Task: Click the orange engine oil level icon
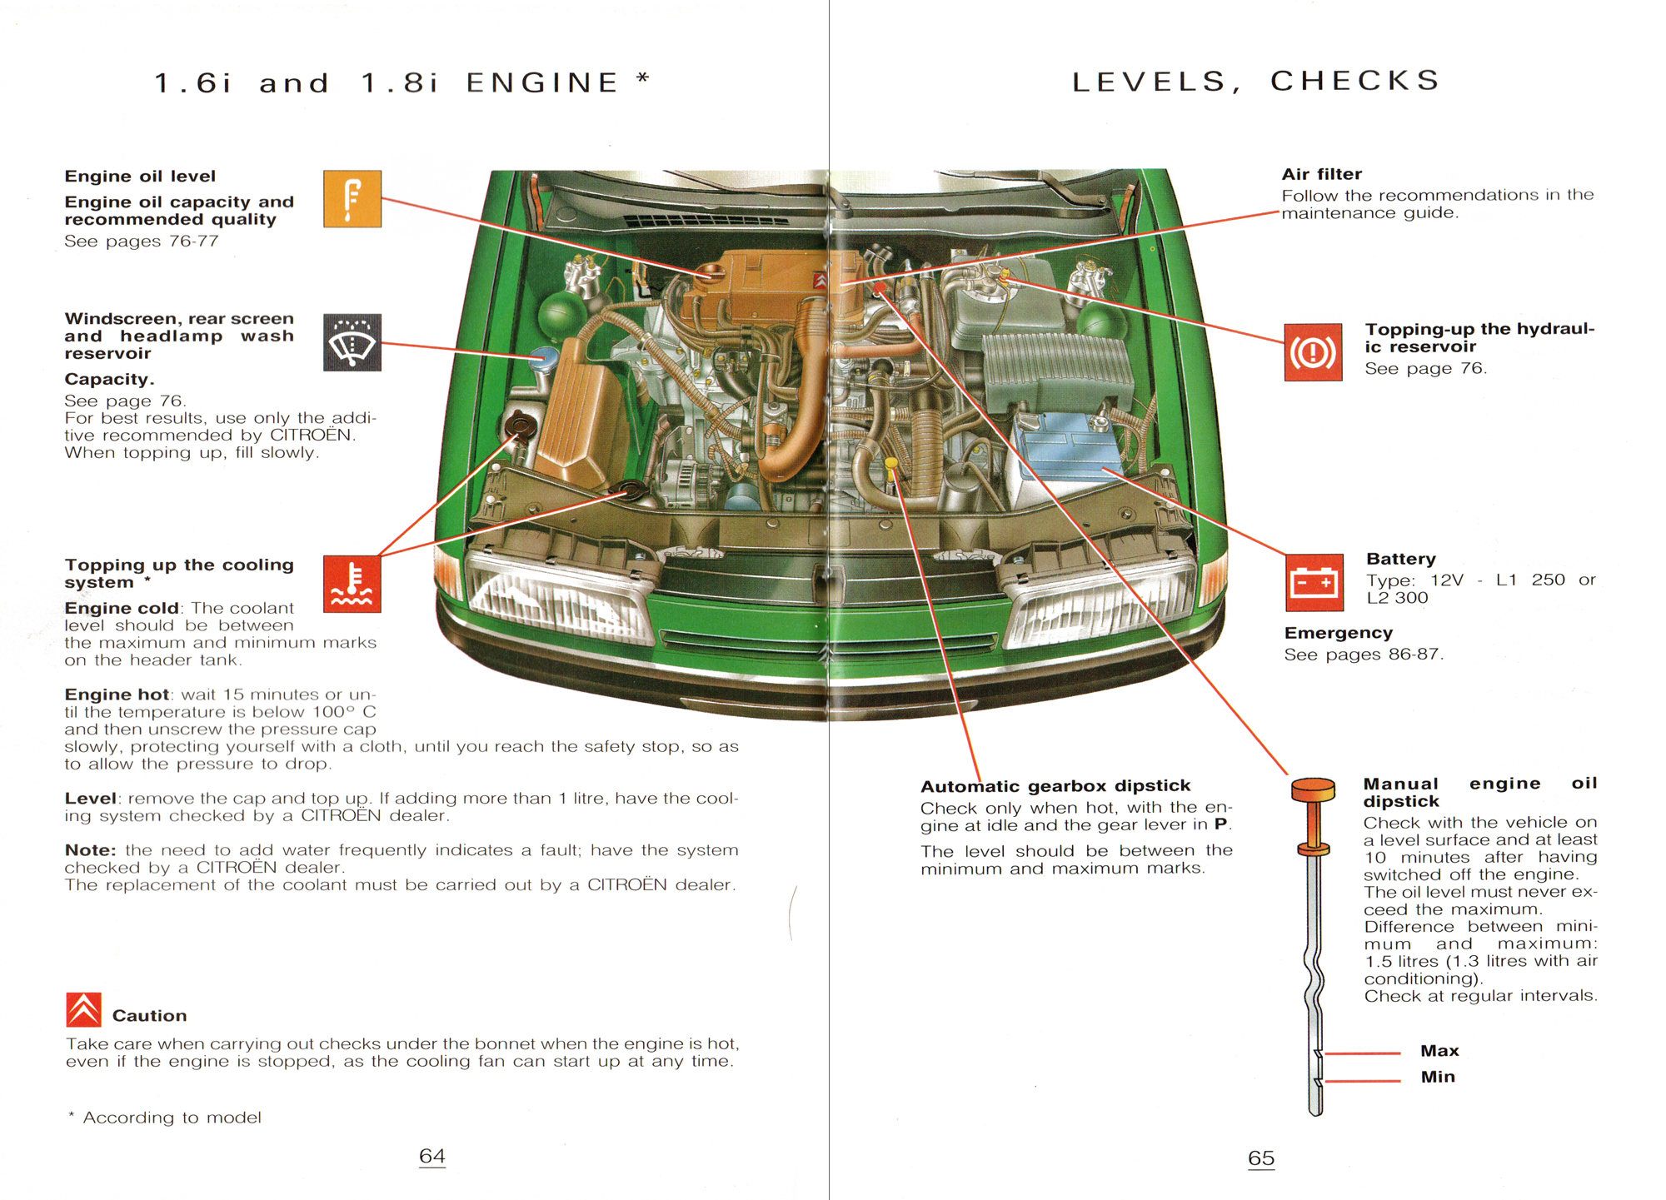[352, 199]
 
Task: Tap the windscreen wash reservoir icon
[352, 342]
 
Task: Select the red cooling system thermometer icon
[352, 583]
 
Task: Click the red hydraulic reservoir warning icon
[1313, 352]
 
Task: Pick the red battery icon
[1314, 582]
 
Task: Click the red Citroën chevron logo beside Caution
[83, 1009]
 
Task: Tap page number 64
[431, 1156]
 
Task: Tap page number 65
[1260, 1158]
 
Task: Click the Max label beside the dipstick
[1439, 1051]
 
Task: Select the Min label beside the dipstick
[1438, 1077]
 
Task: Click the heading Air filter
[1321, 174]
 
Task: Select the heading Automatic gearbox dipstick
[1055, 786]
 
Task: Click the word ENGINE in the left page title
[542, 82]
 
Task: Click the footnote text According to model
[172, 1118]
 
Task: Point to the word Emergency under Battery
[1338, 633]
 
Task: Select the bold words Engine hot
[117, 695]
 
